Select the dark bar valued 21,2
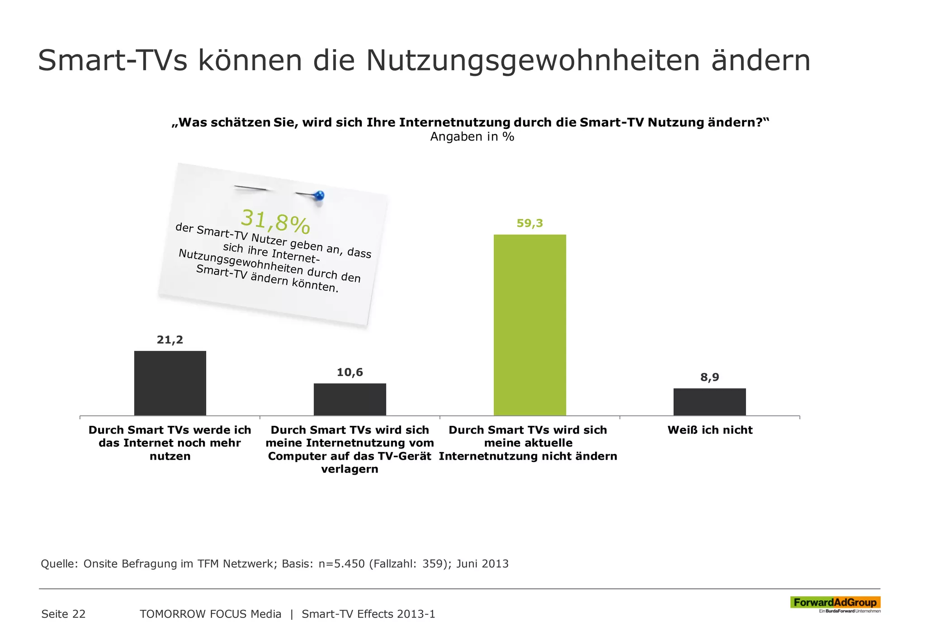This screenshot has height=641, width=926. pyautogui.click(x=170, y=383)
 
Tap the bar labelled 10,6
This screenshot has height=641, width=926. pyautogui.click(x=350, y=399)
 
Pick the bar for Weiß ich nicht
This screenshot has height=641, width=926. pyautogui.click(x=709, y=401)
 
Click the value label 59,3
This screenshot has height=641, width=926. pyautogui.click(x=529, y=223)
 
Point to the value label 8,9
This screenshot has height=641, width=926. pyautogui.click(x=709, y=377)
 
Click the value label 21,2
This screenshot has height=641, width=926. pyautogui.click(x=170, y=340)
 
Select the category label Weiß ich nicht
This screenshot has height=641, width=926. pyautogui.click(x=710, y=430)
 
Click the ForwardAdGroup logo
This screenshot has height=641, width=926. pyautogui.click(x=835, y=603)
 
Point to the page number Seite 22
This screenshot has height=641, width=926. pyautogui.click(x=63, y=614)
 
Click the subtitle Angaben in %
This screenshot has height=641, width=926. pyautogui.click(x=472, y=137)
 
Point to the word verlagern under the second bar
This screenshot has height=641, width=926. pyautogui.click(x=350, y=469)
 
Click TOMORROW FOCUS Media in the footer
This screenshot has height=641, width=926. pyautogui.click(x=210, y=614)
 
